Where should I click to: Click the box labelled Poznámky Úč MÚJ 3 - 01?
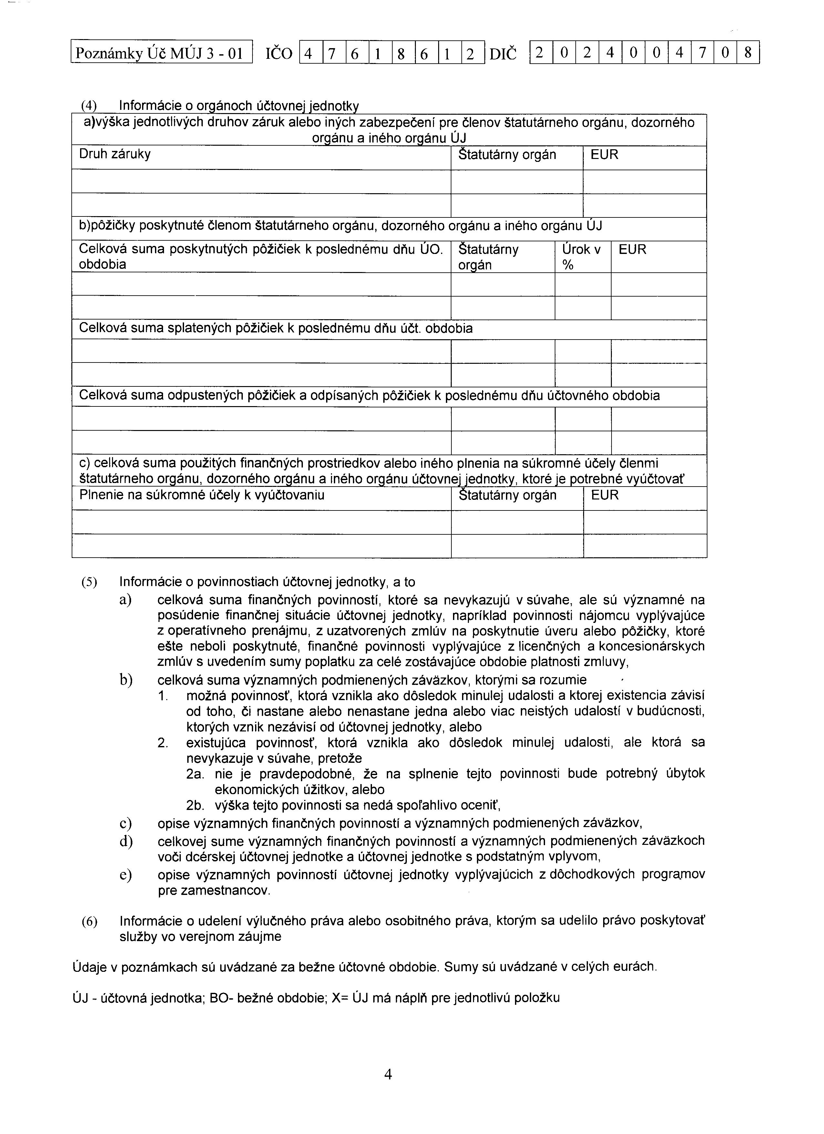(161, 52)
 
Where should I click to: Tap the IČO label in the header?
(278, 53)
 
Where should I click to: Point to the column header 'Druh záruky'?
(115, 154)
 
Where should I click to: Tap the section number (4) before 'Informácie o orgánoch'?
(89, 106)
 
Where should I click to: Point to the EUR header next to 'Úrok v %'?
(632, 249)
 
